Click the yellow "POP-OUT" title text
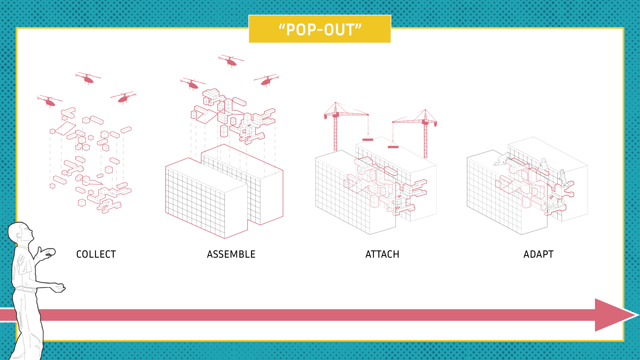[x=320, y=29]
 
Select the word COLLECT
[x=96, y=254]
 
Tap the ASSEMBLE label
[x=231, y=254]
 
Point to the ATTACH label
[x=382, y=254]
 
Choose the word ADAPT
[x=538, y=254]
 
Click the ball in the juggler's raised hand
[x=51, y=252]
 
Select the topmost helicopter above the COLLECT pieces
[x=88, y=79]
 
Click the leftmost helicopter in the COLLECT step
[x=50, y=101]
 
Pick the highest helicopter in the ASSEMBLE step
[x=231, y=61]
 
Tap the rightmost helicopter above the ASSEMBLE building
[x=266, y=80]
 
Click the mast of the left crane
[x=336, y=133]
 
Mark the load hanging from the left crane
[x=368, y=139]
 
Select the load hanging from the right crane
[x=393, y=147]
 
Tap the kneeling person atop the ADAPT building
[x=502, y=159]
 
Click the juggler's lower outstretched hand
[x=60, y=288]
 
